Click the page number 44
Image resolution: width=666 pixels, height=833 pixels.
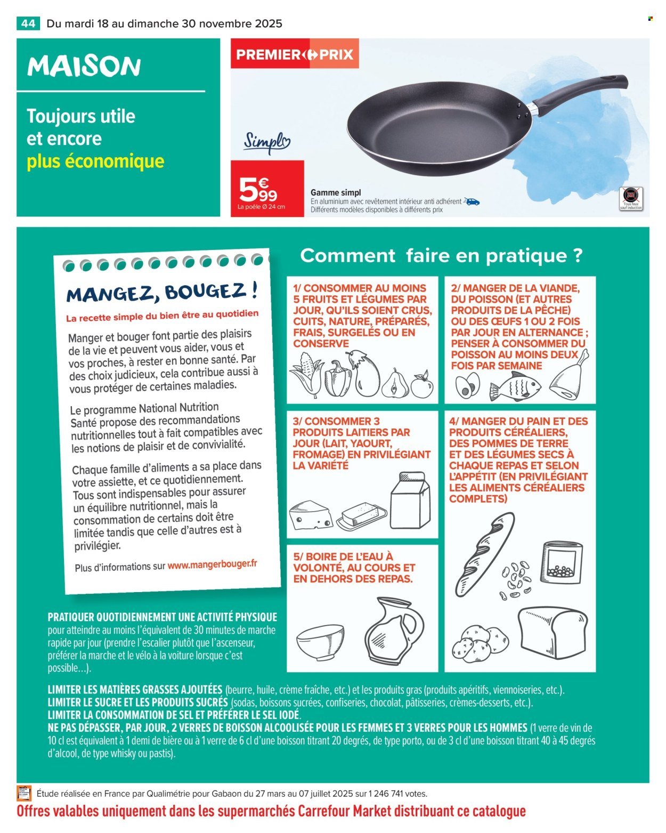(x=28, y=23)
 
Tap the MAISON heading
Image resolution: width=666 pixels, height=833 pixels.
(x=84, y=67)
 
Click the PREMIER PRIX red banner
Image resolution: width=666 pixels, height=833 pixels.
(x=295, y=55)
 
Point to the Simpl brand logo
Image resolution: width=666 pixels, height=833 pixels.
(x=267, y=142)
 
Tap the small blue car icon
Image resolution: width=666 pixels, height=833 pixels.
(x=472, y=201)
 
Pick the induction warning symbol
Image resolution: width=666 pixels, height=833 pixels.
(x=632, y=195)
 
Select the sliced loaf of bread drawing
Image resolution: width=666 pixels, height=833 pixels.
(x=553, y=634)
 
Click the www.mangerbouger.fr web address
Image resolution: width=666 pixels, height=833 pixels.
(x=212, y=564)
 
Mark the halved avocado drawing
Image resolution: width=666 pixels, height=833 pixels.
(x=468, y=386)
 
